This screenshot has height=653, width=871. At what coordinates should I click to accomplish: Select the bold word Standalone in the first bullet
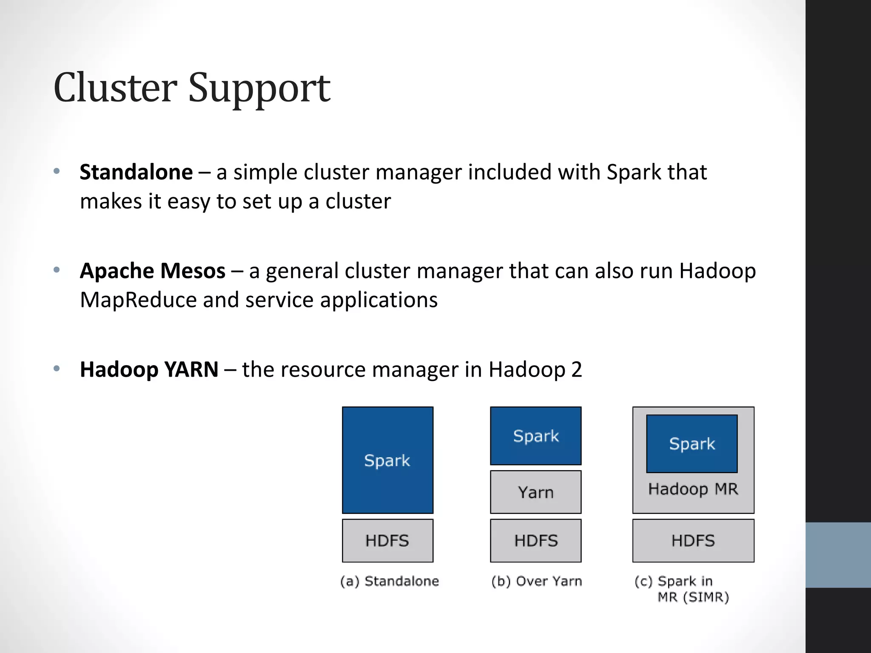tap(136, 172)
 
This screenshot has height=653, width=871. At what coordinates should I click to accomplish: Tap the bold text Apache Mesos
tap(152, 271)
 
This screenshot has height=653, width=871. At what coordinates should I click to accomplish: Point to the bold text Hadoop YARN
tap(149, 369)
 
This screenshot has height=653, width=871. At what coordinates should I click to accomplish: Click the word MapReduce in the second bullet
tap(138, 300)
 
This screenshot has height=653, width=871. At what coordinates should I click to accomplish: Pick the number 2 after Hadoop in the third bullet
tap(576, 369)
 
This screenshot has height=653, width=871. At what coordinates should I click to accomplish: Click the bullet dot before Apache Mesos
tap(57, 270)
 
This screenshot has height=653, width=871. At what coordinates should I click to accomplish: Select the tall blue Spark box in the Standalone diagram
tap(387, 460)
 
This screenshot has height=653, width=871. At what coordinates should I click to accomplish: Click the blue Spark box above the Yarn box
tap(535, 436)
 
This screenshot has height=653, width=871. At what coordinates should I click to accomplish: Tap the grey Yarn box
tap(535, 492)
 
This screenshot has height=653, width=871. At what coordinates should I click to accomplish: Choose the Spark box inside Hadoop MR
tap(692, 443)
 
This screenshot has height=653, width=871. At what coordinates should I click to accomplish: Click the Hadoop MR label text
tap(693, 489)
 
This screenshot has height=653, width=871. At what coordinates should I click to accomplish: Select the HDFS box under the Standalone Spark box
tap(387, 540)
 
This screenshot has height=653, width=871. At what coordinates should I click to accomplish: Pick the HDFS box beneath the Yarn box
tap(535, 540)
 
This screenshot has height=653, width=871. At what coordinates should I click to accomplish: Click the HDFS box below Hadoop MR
tap(693, 540)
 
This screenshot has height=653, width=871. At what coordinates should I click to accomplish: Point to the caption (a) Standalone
tap(389, 581)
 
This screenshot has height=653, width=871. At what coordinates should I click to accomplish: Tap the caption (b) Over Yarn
tap(536, 581)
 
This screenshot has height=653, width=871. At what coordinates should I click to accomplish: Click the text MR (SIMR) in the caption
tap(693, 597)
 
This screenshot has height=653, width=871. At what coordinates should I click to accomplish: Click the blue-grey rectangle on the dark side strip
tap(838, 555)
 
